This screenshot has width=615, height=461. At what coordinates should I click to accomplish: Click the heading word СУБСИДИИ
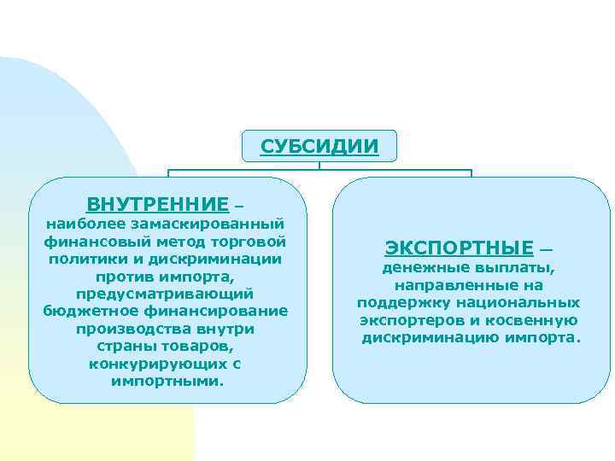(319, 146)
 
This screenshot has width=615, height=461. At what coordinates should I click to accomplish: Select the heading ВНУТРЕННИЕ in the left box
(158, 205)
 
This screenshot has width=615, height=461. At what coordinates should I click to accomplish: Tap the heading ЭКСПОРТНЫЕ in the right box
(459, 248)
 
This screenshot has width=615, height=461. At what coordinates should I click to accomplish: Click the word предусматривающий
(165, 294)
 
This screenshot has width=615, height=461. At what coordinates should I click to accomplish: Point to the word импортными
(166, 381)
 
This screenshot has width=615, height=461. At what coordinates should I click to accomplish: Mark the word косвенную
(532, 320)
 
